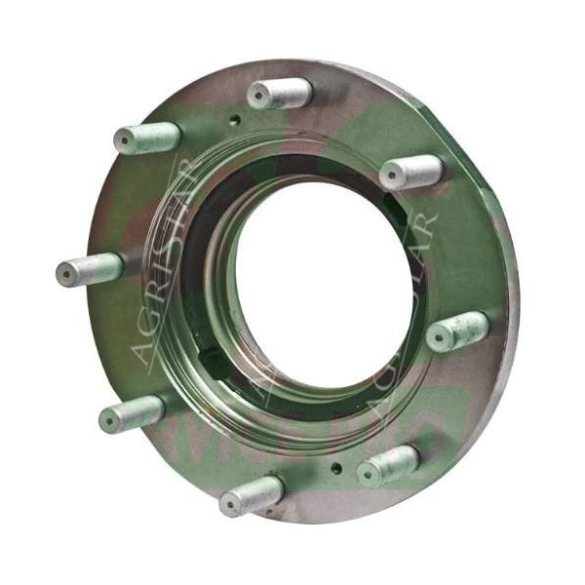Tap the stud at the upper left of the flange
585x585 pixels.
tap(146, 137)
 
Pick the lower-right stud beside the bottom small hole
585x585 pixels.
tap(387, 467)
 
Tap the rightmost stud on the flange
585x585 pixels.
tap(456, 331)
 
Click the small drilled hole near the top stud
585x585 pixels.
tap(234, 121)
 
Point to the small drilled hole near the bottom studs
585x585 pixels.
tap(337, 467)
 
